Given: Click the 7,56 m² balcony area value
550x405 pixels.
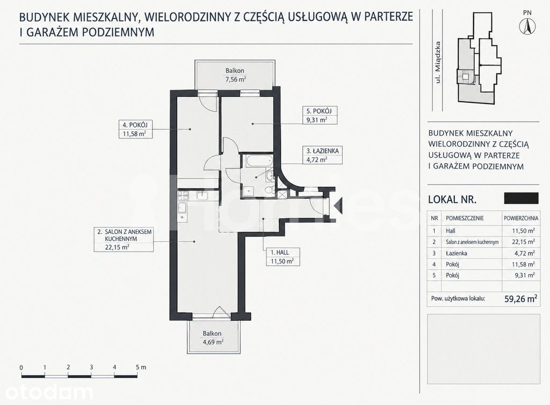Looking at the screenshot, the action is point(235,79).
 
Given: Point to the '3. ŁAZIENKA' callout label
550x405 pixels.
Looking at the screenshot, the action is point(323,151).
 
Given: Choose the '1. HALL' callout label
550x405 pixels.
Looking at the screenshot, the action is point(279,252).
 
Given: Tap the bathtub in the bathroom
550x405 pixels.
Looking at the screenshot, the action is point(259,161).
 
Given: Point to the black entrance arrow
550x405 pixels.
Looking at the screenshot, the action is point(338,205).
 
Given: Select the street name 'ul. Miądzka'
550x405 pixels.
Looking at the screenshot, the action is point(437,62).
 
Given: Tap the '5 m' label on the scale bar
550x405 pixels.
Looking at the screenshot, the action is point(141,367).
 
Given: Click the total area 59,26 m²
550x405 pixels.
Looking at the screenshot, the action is point(521,298).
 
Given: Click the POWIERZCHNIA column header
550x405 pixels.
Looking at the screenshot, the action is point(521,218).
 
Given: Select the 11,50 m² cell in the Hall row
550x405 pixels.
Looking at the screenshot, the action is point(523,231).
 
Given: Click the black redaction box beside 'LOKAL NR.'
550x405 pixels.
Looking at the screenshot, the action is point(521,198).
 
